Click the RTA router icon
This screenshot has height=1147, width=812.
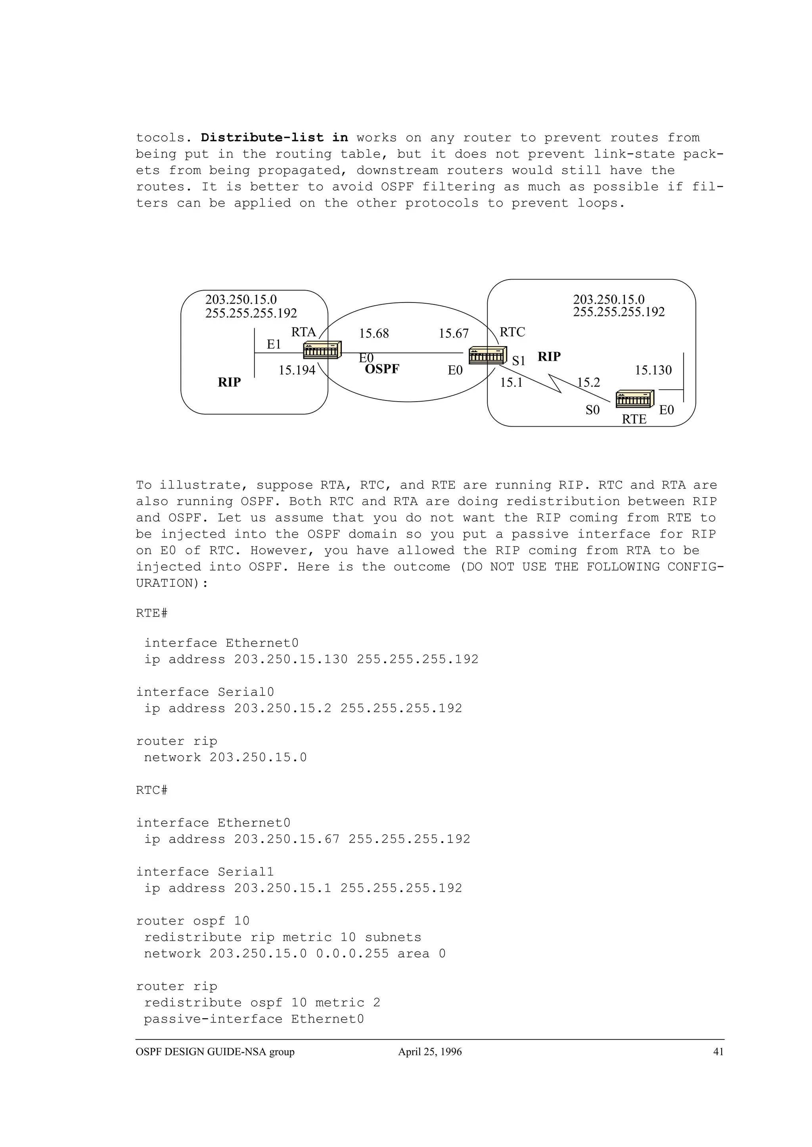(x=322, y=350)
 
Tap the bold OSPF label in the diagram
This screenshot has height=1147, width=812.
(x=382, y=370)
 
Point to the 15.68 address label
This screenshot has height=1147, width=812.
(x=373, y=333)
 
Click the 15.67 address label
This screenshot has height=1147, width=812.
(x=454, y=333)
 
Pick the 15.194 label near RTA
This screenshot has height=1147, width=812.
(x=297, y=370)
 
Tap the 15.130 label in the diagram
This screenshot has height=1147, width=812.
(x=653, y=370)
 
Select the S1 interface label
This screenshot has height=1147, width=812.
(x=519, y=361)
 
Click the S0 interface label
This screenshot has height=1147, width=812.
(x=592, y=410)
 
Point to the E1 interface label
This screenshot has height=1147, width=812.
(x=274, y=345)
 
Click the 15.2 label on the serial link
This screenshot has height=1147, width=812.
(x=588, y=383)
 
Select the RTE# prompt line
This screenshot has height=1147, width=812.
(x=151, y=613)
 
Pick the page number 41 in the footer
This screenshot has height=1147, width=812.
(x=718, y=1051)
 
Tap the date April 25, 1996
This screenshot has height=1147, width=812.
(x=430, y=1051)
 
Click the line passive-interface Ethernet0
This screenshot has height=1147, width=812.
(x=254, y=1019)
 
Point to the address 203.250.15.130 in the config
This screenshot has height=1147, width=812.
(x=291, y=659)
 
